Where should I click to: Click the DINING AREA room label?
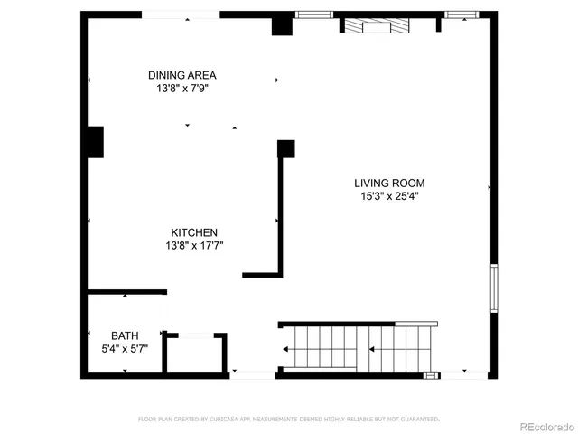(182, 75)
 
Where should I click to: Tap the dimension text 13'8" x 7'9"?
(182, 89)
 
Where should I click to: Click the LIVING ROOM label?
(389, 183)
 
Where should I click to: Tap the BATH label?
(125, 335)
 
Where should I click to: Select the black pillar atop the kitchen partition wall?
(286, 148)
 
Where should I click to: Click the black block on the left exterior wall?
(95, 142)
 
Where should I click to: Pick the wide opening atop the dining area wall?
(182, 14)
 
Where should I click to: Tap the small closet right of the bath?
(195, 354)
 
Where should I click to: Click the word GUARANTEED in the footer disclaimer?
(421, 419)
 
